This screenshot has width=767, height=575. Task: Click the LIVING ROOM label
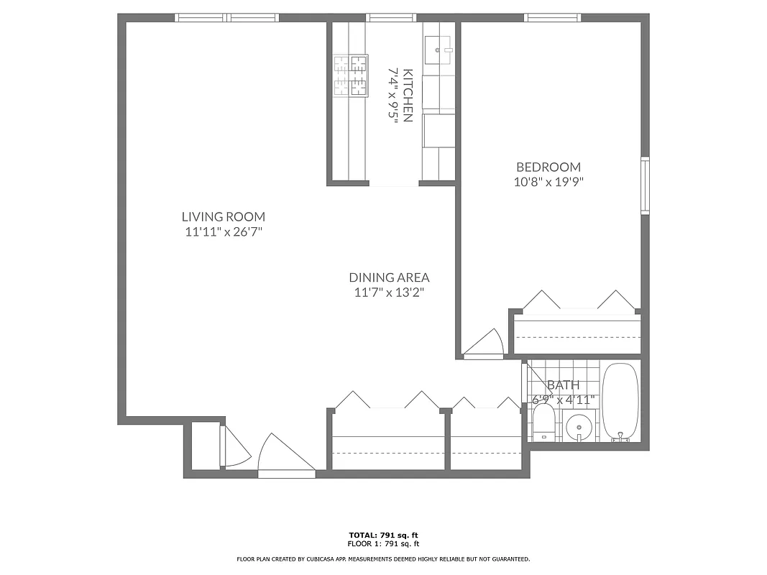[x=223, y=216]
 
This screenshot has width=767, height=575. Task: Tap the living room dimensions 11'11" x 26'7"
[x=223, y=231]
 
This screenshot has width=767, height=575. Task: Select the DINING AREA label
[x=389, y=277]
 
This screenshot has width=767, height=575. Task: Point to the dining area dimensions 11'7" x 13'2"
[x=389, y=293]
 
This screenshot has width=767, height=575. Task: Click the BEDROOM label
[x=548, y=167]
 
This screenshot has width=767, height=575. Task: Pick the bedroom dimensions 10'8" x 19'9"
[x=548, y=183]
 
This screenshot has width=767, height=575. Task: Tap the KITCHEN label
[x=408, y=95]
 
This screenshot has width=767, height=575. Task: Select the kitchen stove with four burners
[x=350, y=75]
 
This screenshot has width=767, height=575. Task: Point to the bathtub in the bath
[x=619, y=402]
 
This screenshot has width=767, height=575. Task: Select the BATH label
[x=563, y=385]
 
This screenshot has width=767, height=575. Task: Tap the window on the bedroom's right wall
[x=645, y=185]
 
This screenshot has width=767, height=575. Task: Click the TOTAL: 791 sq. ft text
[x=383, y=535]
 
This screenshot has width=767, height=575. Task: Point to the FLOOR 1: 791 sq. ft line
[x=383, y=543]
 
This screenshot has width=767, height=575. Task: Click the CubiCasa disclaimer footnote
[x=383, y=558]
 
